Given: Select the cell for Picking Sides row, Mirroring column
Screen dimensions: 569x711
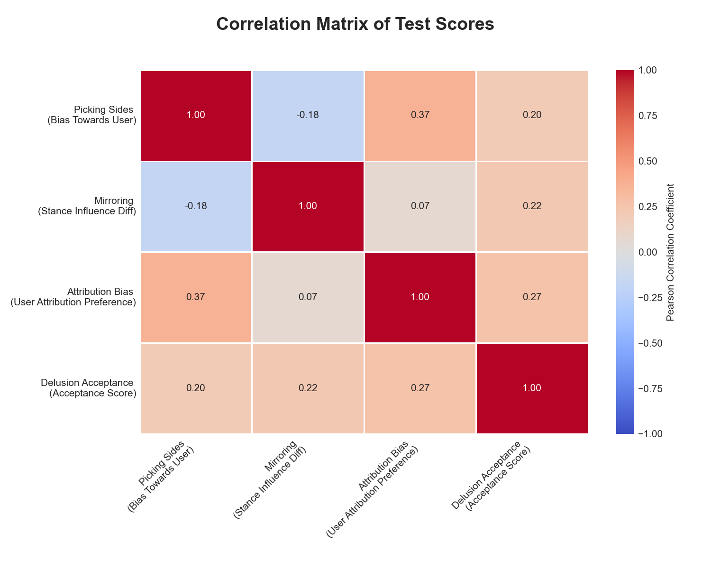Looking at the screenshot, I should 308,116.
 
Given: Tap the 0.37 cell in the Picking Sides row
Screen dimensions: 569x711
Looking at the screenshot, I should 420,116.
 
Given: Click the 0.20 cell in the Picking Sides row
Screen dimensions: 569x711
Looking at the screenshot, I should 532,116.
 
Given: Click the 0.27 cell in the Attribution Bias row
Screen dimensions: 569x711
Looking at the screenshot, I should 532,297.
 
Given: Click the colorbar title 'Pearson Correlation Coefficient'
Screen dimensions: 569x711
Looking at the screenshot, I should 670,252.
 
